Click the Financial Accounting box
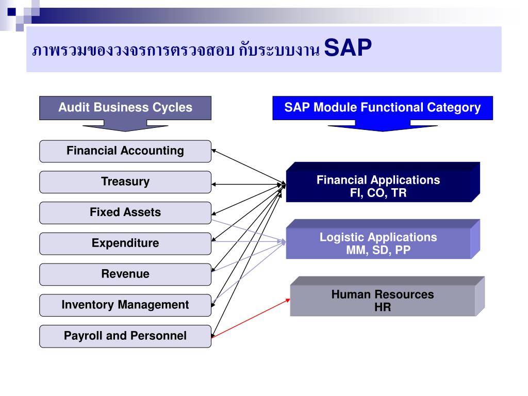point(125,151)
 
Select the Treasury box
point(125,182)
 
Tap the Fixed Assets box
point(125,212)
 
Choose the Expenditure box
point(125,243)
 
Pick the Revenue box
point(125,274)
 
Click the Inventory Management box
point(125,305)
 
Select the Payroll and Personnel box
point(125,336)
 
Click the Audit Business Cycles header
point(125,108)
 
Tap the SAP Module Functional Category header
point(382,108)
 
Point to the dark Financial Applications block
point(378,187)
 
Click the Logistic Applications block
point(378,244)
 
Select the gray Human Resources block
point(383,301)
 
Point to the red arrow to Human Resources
point(251,318)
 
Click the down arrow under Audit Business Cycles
point(125,125)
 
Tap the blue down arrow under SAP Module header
point(382,125)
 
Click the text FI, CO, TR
point(378,193)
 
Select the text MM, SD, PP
point(378,251)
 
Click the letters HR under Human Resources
point(383,308)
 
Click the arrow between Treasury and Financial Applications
point(247,184)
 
